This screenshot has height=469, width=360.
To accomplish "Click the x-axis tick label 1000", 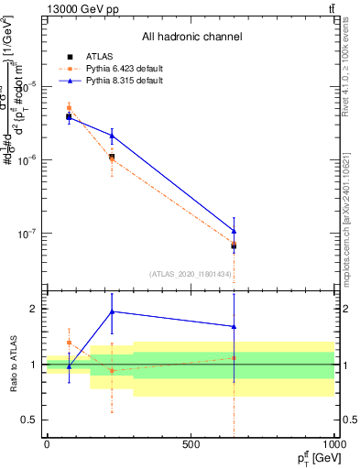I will [x=333, y=444].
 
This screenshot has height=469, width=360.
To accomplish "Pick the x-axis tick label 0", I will [x=47, y=444].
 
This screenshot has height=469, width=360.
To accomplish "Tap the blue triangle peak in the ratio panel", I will [x=112, y=311].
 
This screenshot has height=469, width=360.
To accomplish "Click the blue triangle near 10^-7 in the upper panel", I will [x=234, y=231].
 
